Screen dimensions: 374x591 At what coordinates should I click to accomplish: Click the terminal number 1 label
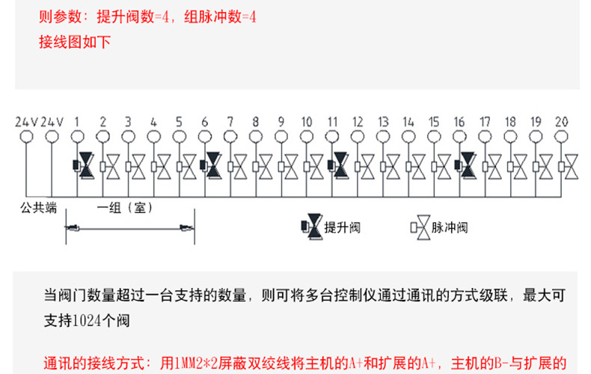click(x=77, y=121)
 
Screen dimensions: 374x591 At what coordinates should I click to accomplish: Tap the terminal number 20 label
click(x=563, y=121)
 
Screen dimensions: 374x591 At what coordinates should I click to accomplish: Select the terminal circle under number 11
click(x=332, y=137)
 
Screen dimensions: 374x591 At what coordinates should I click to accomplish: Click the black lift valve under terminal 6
click(x=212, y=165)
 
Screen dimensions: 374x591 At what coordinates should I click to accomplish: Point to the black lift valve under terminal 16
click(x=468, y=165)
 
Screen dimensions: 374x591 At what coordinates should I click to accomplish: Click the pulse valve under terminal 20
click(x=571, y=166)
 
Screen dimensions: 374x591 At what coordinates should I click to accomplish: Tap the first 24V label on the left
click(x=26, y=121)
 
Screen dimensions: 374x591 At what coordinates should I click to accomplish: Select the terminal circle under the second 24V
click(x=52, y=137)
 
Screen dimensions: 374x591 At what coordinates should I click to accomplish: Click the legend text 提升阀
click(x=342, y=227)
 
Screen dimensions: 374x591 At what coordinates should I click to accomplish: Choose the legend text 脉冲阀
click(x=450, y=227)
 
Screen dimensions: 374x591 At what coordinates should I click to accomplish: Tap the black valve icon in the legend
click(x=312, y=225)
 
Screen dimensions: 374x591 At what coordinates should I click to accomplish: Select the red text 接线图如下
click(x=75, y=42)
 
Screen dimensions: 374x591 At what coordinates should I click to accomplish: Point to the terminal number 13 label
click(x=383, y=121)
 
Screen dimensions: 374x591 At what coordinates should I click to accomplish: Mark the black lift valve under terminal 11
click(x=340, y=165)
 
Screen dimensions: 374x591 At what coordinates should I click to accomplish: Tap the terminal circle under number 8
click(x=256, y=137)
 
